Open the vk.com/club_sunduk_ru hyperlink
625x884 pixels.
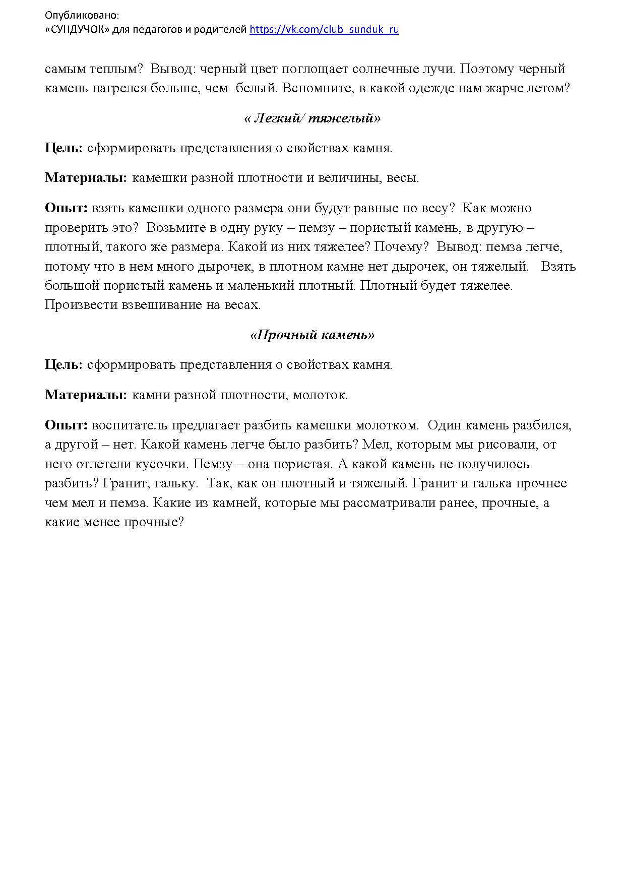[x=324, y=29]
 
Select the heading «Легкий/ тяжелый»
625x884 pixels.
[x=312, y=118]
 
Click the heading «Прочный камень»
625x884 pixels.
[x=312, y=335]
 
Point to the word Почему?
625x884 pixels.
[x=408, y=247]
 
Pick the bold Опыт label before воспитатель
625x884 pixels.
[x=66, y=425]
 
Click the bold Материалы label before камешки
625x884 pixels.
[x=86, y=178]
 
